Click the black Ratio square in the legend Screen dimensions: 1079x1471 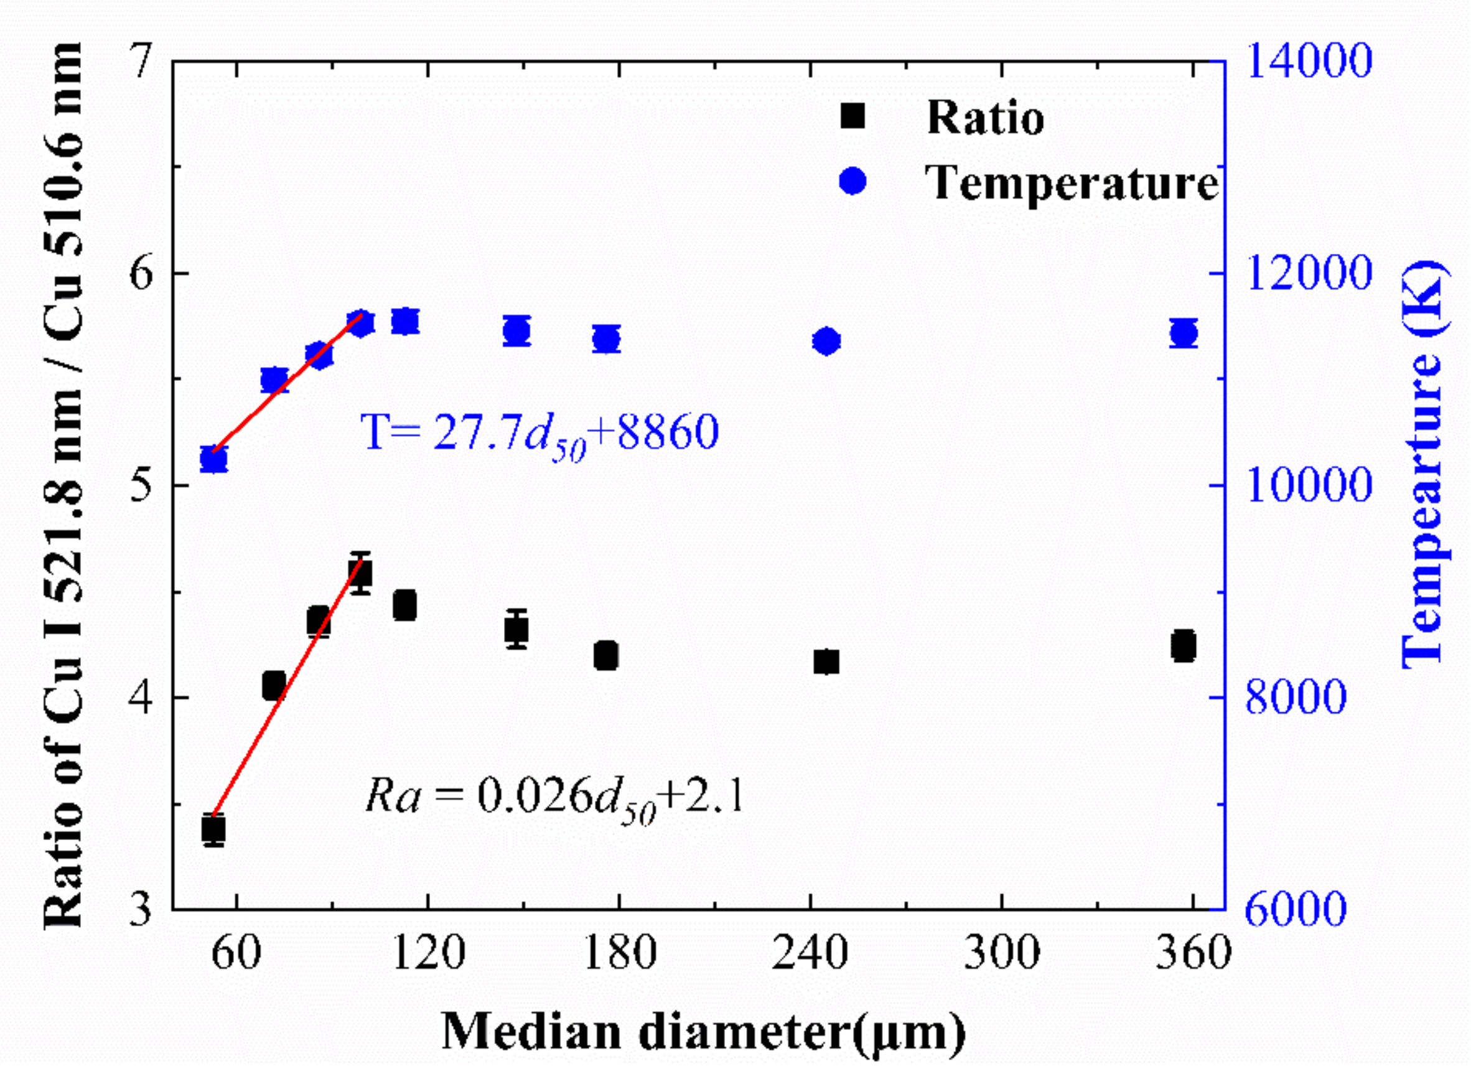click(852, 116)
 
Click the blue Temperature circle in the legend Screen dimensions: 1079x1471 click(852, 181)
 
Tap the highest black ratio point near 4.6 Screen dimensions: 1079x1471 click(360, 574)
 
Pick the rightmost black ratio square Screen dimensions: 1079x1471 click(1183, 647)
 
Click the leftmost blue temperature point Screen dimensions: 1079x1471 click(213, 459)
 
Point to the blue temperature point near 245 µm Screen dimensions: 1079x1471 click(826, 341)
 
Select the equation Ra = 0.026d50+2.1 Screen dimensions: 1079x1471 click(554, 797)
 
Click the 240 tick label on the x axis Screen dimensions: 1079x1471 click(810, 953)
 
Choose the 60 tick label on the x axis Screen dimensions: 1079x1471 click(236, 953)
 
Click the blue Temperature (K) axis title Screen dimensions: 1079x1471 click(1424, 464)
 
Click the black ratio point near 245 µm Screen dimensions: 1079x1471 click(826, 661)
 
